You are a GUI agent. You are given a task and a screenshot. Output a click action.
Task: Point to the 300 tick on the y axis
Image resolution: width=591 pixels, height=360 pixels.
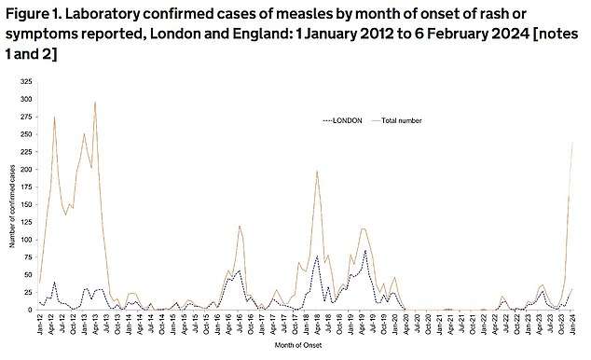tap(25, 99)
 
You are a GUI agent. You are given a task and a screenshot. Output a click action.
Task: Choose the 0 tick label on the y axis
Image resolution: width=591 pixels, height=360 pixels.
tap(29, 310)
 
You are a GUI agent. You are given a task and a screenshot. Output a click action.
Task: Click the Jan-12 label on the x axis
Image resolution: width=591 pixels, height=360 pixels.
tap(39, 325)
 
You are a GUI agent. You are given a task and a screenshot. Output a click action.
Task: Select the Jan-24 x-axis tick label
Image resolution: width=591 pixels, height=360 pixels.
tap(571, 325)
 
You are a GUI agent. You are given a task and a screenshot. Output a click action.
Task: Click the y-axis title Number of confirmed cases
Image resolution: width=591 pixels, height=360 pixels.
tap(11, 196)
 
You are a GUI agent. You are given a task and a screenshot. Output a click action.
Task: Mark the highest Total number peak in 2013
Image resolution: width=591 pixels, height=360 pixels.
tap(95, 103)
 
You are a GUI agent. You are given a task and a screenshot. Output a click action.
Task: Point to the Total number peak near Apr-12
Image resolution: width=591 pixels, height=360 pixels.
tap(54, 118)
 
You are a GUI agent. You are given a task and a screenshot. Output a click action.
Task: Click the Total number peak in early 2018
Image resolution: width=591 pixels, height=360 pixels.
tap(317, 172)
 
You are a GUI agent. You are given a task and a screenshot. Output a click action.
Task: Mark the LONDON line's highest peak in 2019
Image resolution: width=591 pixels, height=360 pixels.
tap(365, 250)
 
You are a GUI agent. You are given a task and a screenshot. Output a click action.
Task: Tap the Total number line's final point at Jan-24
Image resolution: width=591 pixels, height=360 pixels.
tap(572, 142)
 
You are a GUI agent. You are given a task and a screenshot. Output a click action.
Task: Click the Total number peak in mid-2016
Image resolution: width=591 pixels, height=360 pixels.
tap(240, 226)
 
